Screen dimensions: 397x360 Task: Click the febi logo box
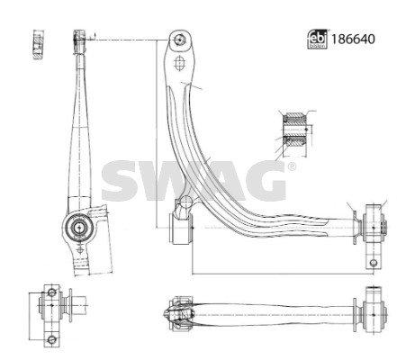coord(317,40)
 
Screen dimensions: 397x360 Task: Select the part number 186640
coord(353,40)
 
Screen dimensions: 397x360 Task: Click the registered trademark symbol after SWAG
coord(291,166)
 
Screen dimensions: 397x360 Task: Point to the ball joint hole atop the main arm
coord(180,40)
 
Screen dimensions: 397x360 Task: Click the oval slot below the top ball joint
coord(179,63)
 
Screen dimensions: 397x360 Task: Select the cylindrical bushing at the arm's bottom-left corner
coord(181,229)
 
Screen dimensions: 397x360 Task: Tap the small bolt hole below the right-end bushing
coord(374,263)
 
